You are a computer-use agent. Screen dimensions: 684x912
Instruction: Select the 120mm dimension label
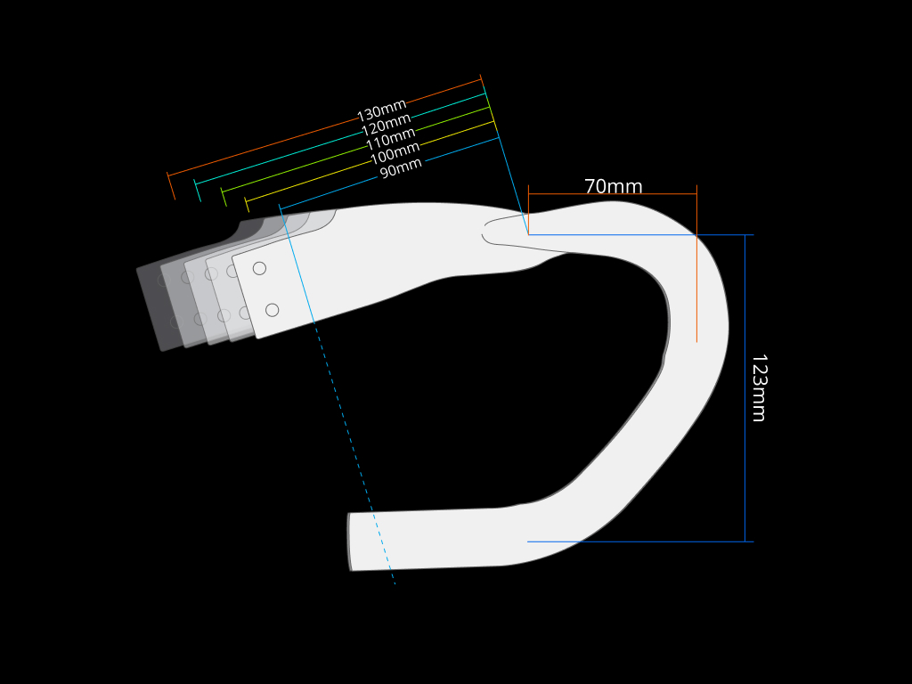tap(387, 126)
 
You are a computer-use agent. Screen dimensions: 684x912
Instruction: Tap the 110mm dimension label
tap(391, 139)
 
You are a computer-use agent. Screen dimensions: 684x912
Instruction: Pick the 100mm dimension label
tap(395, 153)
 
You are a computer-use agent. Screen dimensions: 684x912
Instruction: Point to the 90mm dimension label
tap(401, 167)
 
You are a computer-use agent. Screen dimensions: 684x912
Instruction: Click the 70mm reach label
tap(613, 187)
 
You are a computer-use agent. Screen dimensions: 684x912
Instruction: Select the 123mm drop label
tap(758, 388)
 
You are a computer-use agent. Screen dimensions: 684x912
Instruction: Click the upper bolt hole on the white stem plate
tap(259, 268)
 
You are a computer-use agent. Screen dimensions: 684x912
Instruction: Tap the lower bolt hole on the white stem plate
tap(272, 310)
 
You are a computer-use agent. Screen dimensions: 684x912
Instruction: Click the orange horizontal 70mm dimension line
tap(613, 194)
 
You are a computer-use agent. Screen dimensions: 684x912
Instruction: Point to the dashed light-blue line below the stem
tap(356, 463)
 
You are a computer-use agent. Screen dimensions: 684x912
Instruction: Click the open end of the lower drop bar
tap(350, 541)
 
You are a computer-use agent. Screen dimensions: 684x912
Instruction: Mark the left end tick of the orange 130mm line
tap(170, 185)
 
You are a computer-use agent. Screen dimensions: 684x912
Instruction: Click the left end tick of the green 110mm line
tap(224, 197)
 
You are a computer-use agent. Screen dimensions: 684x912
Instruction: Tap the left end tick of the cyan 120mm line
tap(197, 190)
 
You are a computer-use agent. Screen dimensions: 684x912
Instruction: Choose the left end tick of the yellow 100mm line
tap(247, 204)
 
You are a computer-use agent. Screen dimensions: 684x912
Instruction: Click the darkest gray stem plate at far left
tap(151, 307)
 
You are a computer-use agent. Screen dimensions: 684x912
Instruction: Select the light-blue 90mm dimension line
tap(463, 150)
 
